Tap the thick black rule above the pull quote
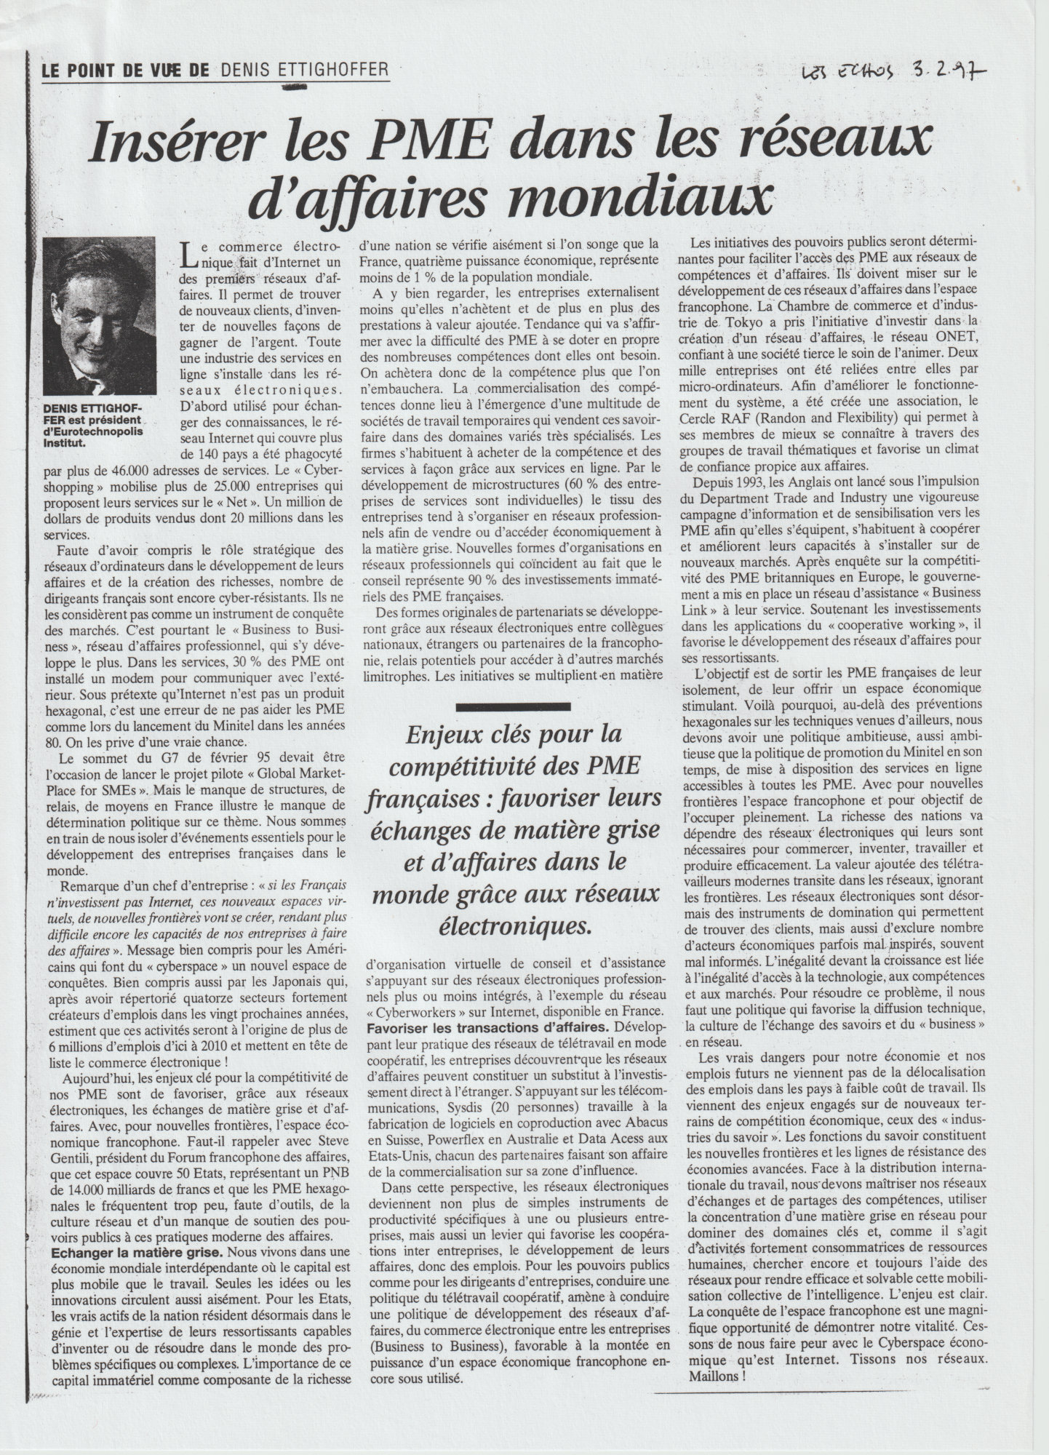523,706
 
